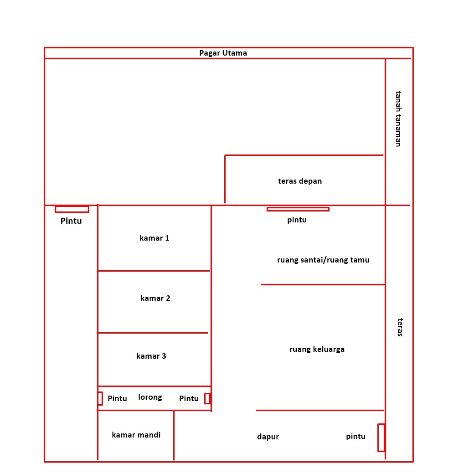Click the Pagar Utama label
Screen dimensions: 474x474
tap(223, 53)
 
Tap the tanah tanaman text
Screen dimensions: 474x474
tap(398, 119)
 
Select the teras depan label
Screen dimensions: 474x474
tap(300, 181)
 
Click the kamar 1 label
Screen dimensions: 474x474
tap(155, 238)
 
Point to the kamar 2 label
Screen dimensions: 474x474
tap(155, 298)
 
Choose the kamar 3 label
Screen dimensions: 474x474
tap(151, 356)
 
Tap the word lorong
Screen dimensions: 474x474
tap(150, 397)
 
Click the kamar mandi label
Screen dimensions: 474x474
tap(136, 435)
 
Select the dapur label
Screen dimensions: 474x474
tap(268, 437)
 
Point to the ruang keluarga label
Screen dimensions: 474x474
tap(317, 350)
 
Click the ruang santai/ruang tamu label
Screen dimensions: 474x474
tap(324, 260)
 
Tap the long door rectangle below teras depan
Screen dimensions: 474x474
tap(298, 209)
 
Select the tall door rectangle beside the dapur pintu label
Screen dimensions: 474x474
tap(381, 438)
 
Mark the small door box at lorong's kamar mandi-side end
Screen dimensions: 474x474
tap(100, 398)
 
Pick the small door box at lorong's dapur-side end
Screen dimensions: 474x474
tap(207, 398)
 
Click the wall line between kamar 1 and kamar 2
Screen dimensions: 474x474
tap(154, 271)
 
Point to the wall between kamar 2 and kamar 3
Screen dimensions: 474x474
tap(153, 333)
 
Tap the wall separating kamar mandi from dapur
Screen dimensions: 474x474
tap(174, 435)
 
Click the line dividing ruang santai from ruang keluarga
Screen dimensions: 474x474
tap(323, 284)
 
